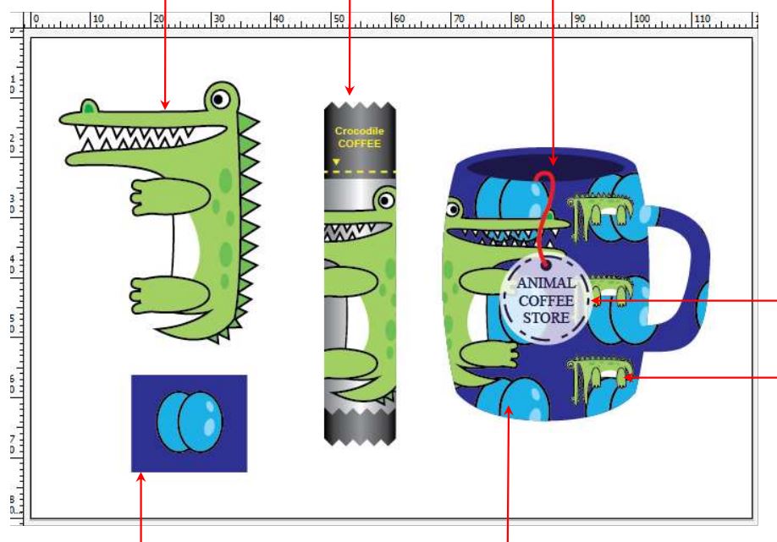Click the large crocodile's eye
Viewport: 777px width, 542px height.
tap(220, 99)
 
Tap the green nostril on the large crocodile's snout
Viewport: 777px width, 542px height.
tap(89, 107)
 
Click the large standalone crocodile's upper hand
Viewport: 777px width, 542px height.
tap(169, 196)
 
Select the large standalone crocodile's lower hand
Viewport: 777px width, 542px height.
tap(169, 295)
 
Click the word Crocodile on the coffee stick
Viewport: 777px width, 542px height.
tap(359, 131)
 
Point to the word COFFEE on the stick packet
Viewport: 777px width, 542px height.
tap(359, 144)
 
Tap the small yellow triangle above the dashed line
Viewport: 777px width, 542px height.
tap(337, 162)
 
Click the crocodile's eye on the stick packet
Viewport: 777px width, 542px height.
tap(385, 200)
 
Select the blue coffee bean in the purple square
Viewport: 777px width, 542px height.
tap(190, 422)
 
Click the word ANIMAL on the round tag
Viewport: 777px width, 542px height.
tap(545, 283)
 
